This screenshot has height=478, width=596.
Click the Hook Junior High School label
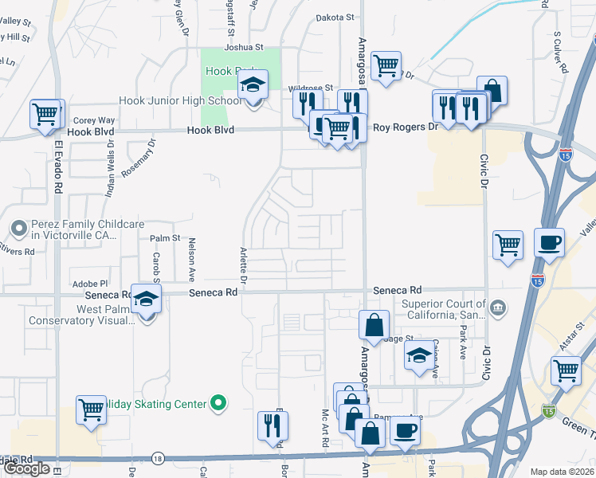180,101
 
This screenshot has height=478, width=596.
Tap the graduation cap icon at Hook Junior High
253,84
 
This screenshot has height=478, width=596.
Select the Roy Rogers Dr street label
406,127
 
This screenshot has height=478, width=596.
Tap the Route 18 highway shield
158,458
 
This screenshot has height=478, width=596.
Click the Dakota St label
335,17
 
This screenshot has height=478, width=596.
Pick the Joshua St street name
243,47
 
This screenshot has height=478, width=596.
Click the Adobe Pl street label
89,284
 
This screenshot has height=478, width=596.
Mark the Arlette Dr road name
244,265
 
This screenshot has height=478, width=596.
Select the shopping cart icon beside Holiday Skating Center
92,409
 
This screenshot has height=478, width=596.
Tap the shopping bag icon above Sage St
374,324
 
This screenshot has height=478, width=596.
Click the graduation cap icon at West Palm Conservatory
147,300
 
